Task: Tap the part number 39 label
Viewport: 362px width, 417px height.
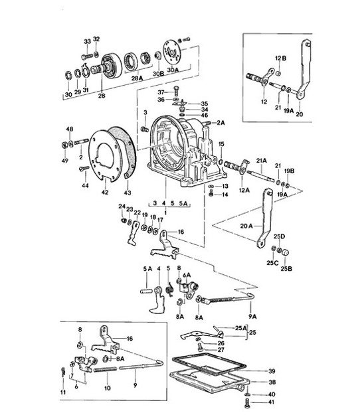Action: tap(272, 371)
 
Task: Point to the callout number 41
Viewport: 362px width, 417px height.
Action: tap(271, 402)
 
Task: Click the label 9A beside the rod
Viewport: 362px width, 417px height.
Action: tap(253, 307)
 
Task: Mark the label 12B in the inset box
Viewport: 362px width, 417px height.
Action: tap(280, 58)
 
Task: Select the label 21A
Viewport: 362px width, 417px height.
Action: tap(261, 161)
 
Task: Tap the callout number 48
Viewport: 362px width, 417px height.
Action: tap(69, 128)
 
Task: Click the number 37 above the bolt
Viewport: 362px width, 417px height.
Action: tap(160, 92)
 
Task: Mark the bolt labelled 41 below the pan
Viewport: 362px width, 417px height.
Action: tap(248, 400)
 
